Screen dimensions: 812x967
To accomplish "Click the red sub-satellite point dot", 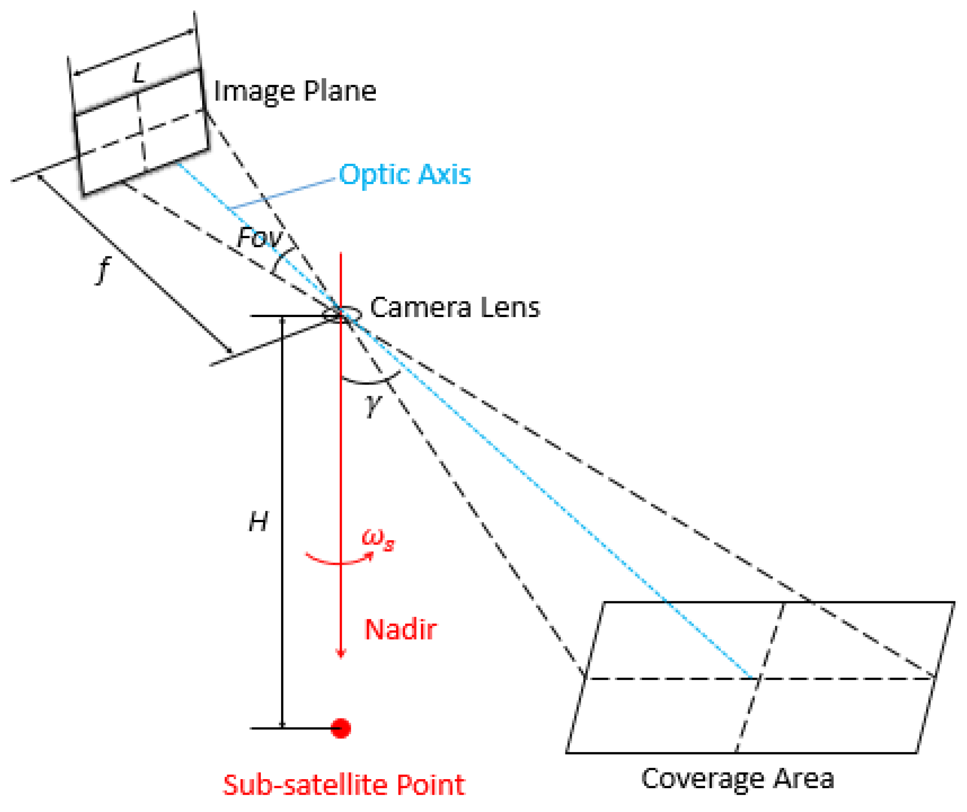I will coord(341,728).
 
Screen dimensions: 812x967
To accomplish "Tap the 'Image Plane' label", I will coord(295,91).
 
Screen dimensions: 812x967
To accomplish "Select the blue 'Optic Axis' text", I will coord(405,174).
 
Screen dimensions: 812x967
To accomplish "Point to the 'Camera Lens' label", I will coord(454,308).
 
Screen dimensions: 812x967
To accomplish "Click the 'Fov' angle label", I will coord(259,238).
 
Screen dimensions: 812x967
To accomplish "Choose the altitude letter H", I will coord(258,522).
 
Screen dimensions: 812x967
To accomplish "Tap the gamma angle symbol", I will coord(373,405).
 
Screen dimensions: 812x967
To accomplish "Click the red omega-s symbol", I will coord(378,539).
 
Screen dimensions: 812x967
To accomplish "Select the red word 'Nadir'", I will coord(401,629).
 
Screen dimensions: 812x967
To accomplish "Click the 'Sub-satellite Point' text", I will coord(344,785).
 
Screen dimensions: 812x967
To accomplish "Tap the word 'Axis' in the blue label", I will coord(444,174).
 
